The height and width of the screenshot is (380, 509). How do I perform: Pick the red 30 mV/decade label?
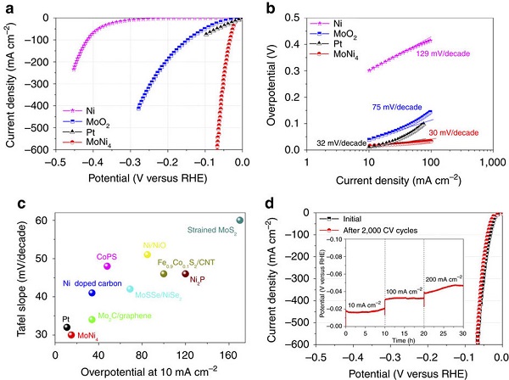tap(453, 133)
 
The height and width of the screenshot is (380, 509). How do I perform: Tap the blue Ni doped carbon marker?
tap(92, 293)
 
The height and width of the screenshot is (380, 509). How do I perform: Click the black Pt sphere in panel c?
tap(67, 327)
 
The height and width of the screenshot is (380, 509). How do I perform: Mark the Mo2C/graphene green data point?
tap(92, 319)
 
